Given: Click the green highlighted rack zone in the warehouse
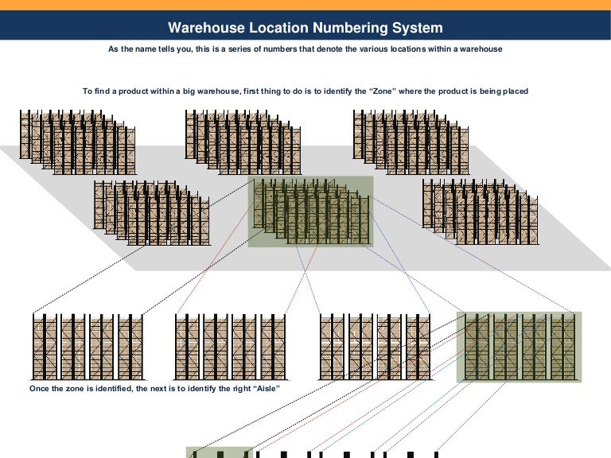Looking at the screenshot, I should tap(310, 212).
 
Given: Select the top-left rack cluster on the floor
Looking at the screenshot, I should tap(77, 142).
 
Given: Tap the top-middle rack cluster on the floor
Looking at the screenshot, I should tap(243, 142).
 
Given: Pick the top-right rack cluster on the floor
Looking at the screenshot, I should tap(411, 142).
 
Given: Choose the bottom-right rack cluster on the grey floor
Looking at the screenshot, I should tap(480, 210).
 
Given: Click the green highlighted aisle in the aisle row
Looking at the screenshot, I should tap(519, 347).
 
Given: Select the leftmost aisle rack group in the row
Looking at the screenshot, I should tap(88, 347).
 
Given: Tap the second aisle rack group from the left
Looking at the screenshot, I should tap(230, 347).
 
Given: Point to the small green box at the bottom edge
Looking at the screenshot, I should tap(219, 453).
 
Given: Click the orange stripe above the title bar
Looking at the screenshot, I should tap(305, 5).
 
